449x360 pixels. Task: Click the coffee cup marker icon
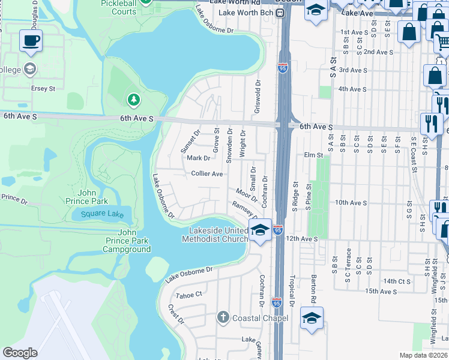pos(31,41)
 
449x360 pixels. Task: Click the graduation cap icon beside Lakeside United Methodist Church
pos(260,230)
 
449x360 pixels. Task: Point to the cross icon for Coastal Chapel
pos(223,317)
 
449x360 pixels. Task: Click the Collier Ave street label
pos(207,173)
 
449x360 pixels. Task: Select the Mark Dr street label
pos(199,158)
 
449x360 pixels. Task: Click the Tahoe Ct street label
pos(190,295)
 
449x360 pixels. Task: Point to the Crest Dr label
pos(176,314)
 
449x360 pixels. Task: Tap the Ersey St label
pos(43,88)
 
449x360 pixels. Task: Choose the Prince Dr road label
pos(14,197)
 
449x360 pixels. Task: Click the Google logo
pos(20,353)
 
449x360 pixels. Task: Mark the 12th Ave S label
pos(301,238)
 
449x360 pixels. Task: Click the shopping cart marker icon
pos(442,41)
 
